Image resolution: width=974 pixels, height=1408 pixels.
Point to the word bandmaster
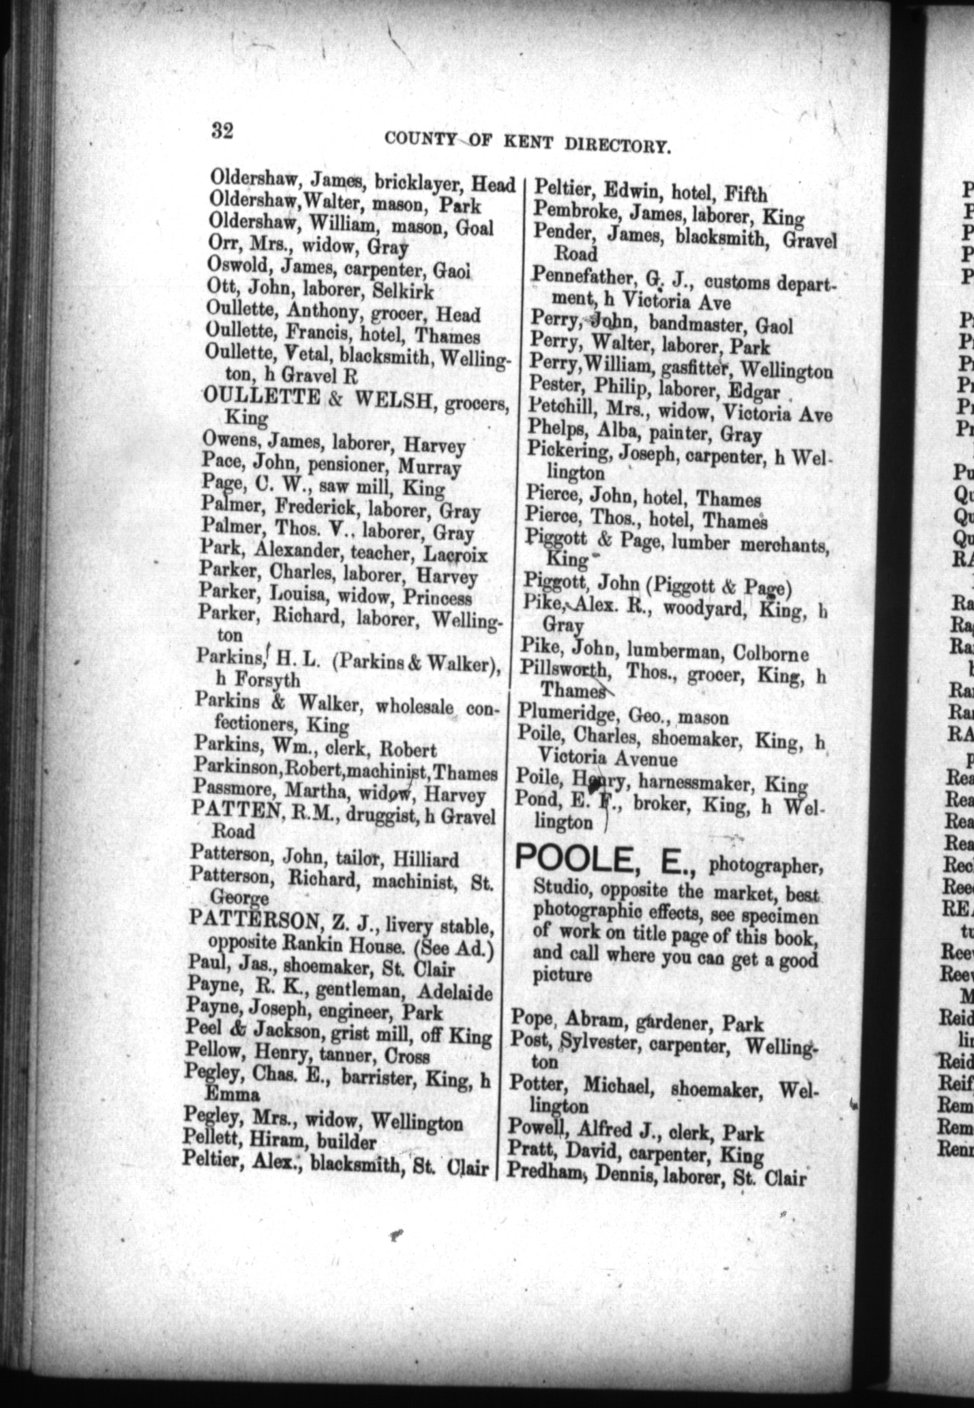coord(698,323)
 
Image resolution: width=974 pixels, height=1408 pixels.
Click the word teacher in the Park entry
coord(381,553)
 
